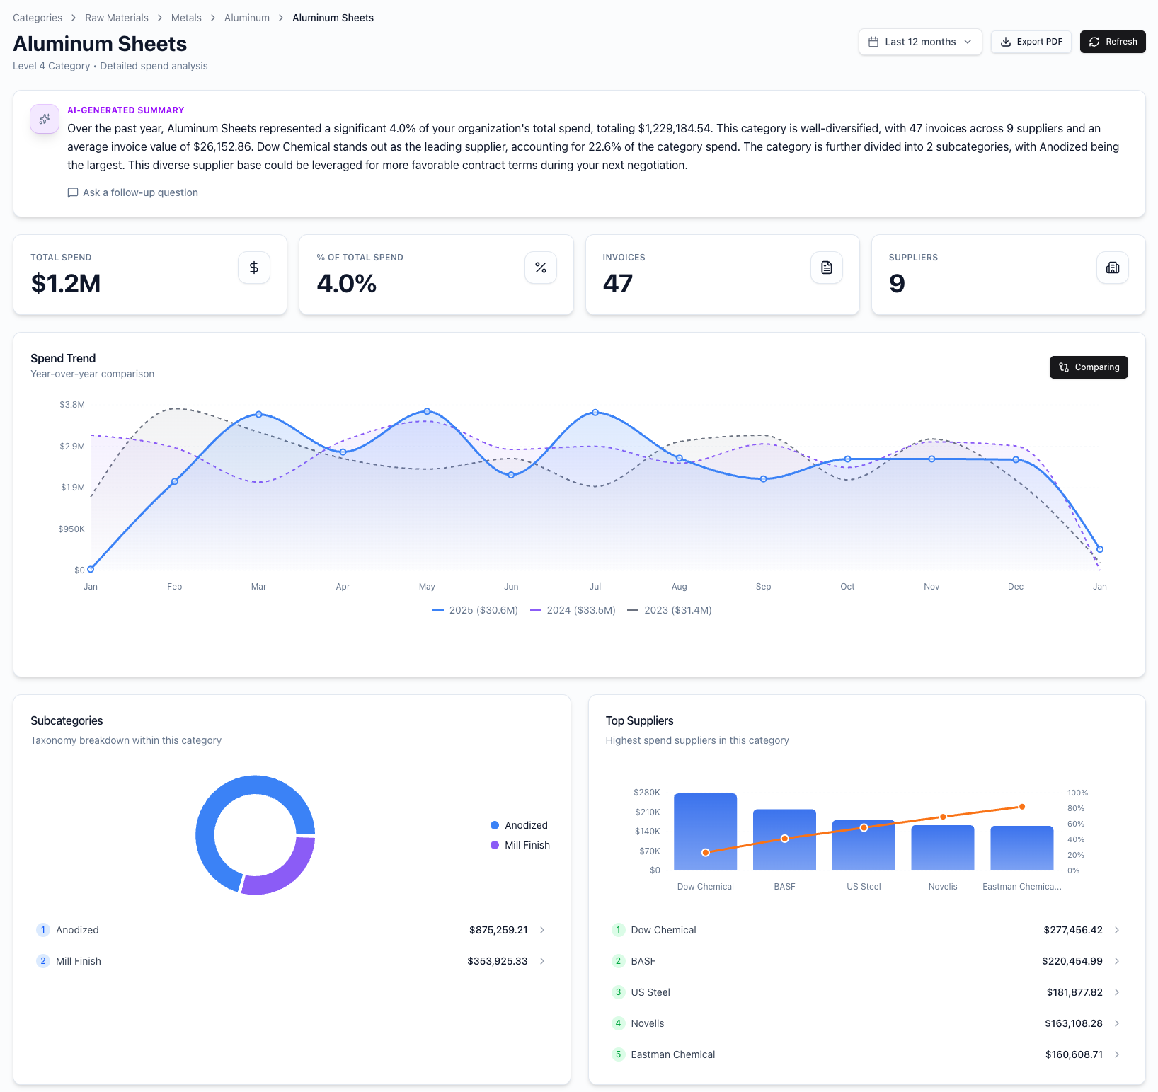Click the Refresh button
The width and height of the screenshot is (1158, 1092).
point(1112,42)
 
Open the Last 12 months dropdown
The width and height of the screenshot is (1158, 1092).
point(919,42)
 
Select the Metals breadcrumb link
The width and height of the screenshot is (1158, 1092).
point(186,18)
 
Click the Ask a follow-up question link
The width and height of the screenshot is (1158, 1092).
point(133,192)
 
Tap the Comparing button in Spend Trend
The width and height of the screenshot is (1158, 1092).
point(1088,367)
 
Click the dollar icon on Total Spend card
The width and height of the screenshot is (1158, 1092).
point(254,268)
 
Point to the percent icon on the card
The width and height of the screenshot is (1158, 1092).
point(541,268)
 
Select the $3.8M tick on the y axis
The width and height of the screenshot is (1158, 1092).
point(72,405)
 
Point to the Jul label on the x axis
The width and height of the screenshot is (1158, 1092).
point(595,587)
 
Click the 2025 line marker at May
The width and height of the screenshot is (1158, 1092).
point(427,411)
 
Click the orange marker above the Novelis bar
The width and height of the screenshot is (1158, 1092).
point(943,817)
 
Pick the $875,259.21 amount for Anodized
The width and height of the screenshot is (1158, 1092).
point(498,930)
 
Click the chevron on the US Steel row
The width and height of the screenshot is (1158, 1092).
point(1117,992)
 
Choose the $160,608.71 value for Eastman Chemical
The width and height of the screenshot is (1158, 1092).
point(1074,1054)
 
